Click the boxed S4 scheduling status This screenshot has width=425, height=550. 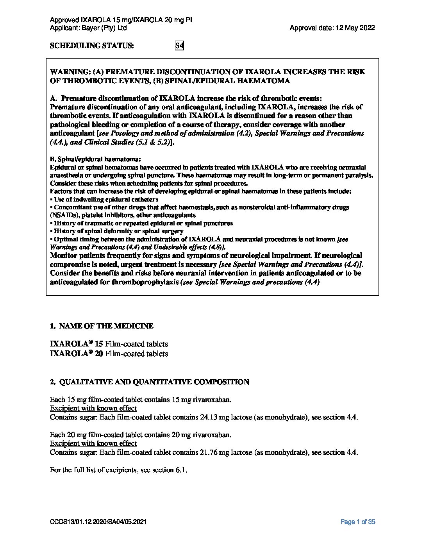(179, 46)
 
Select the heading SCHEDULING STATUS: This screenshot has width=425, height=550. (92, 46)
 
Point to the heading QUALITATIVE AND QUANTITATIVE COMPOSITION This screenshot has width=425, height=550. (154, 382)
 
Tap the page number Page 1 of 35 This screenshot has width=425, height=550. (358, 522)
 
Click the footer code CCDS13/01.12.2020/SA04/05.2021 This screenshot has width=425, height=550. (98, 522)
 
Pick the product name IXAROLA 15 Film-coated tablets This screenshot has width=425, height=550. (109, 344)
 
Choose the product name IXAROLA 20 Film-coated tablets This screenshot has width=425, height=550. (109, 354)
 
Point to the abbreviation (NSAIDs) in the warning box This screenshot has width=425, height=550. (64, 215)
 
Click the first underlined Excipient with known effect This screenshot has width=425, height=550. (93, 409)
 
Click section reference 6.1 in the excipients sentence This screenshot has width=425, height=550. (181, 470)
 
